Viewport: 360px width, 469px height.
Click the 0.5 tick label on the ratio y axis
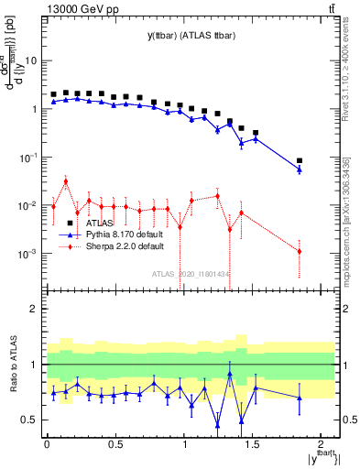[x=28, y=420]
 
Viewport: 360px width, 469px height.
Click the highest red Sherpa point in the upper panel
[x=65, y=180]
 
